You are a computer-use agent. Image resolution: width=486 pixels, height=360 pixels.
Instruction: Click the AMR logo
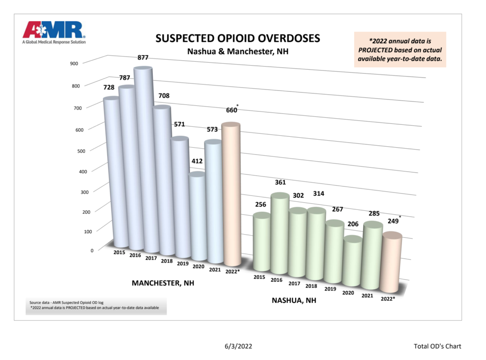[54, 33]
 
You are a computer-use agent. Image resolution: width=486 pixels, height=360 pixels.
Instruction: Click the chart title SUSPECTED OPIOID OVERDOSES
[238, 38]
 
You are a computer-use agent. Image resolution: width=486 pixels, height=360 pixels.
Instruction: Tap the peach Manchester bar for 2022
[231, 194]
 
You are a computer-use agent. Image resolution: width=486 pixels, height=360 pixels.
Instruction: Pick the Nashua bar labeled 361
[280, 235]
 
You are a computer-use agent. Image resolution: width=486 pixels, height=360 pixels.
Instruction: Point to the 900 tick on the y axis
[74, 64]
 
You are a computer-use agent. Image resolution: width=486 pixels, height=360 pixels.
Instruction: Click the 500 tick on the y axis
[81, 151]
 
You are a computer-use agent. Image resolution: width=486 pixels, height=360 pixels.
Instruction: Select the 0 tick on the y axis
[92, 251]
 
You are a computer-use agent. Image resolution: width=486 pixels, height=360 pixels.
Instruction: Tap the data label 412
[197, 161]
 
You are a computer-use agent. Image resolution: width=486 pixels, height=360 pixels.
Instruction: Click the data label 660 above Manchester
[232, 110]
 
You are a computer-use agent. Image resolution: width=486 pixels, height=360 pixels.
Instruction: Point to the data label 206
[353, 224]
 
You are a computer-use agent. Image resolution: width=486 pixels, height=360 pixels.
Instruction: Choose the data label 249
[393, 221]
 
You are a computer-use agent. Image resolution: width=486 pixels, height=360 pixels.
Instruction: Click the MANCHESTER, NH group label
[163, 283]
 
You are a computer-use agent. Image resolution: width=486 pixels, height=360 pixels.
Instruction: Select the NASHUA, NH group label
[294, 301]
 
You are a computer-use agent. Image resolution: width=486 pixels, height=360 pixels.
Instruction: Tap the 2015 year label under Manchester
[119, 252]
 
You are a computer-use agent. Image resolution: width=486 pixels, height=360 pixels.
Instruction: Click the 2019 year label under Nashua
[330, 289]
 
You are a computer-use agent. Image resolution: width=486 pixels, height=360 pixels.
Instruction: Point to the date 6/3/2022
[238, 346]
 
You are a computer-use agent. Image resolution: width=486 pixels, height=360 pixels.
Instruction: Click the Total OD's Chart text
[437, 346]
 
